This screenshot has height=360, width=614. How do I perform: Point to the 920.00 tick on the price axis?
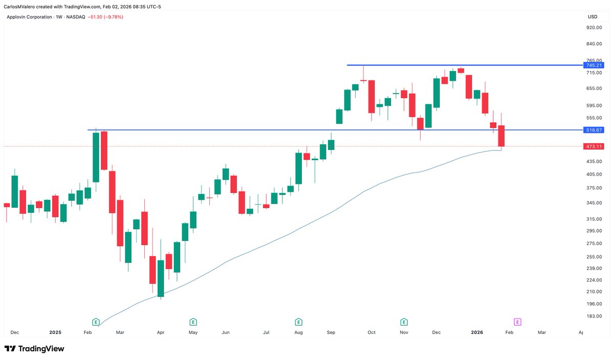click(x=594, y=28)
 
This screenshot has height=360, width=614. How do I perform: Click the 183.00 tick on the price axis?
click(x=594, y=316)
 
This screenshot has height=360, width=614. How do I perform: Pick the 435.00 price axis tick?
click(x=594, y=161)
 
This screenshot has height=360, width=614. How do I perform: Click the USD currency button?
click(x=593, y=17)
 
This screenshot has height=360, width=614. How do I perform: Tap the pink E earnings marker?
click(x=517, y=322)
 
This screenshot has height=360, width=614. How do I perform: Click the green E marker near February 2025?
click(x=96, y=322)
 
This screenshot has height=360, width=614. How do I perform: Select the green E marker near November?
click(x=404, y=322)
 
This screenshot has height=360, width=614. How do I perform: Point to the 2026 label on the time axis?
click(x=477, y=332)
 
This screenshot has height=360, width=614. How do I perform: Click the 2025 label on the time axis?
click(x=55, y=332)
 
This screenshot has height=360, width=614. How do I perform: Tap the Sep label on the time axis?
click(x=331, y=332)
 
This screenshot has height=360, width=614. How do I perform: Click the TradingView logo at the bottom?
click(x=34, y=349)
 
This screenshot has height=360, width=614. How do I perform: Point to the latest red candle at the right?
click(x=501, y=136)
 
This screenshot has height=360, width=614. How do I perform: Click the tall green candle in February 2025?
click(x=96, y=157)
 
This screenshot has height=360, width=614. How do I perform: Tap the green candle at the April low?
click(x=161, y=278)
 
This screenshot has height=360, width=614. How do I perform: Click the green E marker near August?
click(x=298, y=322)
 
